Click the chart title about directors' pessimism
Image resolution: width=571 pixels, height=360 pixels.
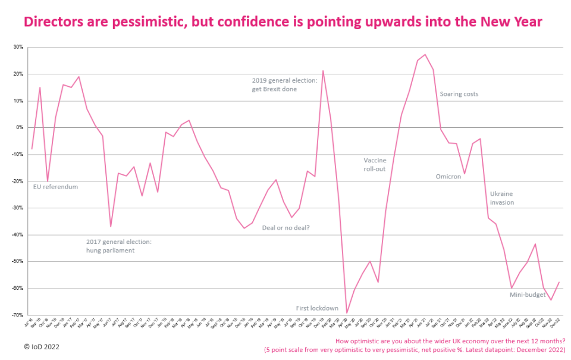pyautogui.click(x=283, y=22)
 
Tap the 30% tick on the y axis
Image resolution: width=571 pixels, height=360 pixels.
pyautogui.click(x=19, y=47)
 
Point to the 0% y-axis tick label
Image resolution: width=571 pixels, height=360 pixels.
pyautogui.click(x=20, y=127)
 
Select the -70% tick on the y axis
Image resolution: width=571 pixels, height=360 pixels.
pyautogui.click(x=18, y=315)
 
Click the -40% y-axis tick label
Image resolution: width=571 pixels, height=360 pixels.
pyautogui.click(x=18, y=234)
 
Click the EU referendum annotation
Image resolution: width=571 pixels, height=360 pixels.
pyautogui.click(x=55, y=187)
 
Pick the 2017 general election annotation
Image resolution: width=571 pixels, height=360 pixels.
pyautogui.click(x=119, y=246)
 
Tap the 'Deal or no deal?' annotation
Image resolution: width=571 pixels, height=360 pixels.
pyautogui.click(x=286, y=228)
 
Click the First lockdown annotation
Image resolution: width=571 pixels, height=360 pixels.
pyautogui.click(x=318, y=308)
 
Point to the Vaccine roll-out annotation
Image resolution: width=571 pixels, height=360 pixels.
pyautogui.click(x=375, y=164)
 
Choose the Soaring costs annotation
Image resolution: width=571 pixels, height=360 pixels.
pyautogui.click(x=459, y=94)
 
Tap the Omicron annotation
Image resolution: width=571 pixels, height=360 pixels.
pyautogui.click(x=448, y=176)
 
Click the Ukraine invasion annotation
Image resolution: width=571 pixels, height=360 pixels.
pyautogui.click(x=502, y=198)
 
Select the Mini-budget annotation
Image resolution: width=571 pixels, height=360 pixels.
pyautogui.click(x=528, y=295)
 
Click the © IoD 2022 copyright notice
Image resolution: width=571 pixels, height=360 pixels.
pyautogui.click(x=42, y=346)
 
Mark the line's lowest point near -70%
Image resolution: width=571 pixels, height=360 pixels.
pyautogui.click(x=347, y=313)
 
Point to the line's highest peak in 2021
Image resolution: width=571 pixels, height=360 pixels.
pyautogui.click(x=425, y=55)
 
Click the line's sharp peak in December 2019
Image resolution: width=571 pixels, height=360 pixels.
pyautogui.click(x=323, y=71)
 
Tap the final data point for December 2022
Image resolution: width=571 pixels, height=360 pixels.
pyautogui.click(x=559, y=282)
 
